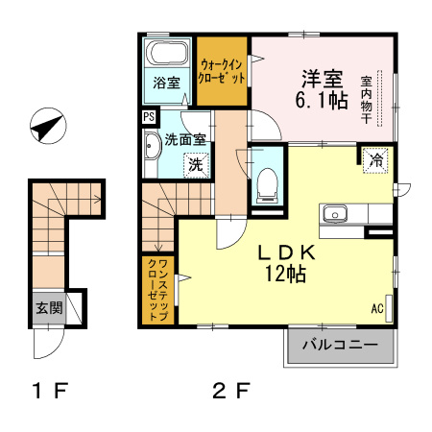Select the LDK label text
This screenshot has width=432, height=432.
coord(285,252)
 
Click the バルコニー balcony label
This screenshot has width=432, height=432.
coord(340,344)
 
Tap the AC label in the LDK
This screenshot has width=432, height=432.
coord(376,309)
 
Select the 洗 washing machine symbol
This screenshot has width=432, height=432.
coord(195,165)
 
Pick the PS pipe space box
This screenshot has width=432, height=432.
coord(148,118)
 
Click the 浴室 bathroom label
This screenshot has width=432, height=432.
coord(167,83)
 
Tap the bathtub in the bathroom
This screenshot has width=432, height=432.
coord(168,52)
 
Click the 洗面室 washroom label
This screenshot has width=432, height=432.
coord(185,139)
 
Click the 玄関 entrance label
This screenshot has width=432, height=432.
coord(49,308)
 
